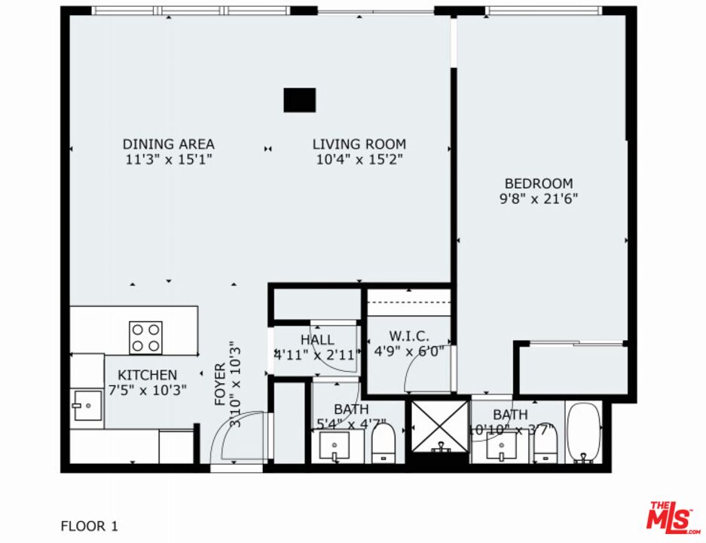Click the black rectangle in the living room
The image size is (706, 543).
point(299,100)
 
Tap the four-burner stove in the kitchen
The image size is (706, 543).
point(145,337)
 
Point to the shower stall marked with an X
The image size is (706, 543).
point(438,426)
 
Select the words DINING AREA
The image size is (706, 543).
point(168,144)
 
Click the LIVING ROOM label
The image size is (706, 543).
point(359,144)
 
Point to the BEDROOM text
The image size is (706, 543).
point(538,183)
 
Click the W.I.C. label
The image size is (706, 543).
point(409,335)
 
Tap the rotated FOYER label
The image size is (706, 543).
point(220,385)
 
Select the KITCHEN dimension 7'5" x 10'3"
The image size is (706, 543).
point(148,390)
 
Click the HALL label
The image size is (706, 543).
point(316,340)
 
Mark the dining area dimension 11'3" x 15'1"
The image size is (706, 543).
point(168,159)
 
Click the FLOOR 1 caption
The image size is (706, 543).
point(89,526)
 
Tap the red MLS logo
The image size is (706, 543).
point(672,517)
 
